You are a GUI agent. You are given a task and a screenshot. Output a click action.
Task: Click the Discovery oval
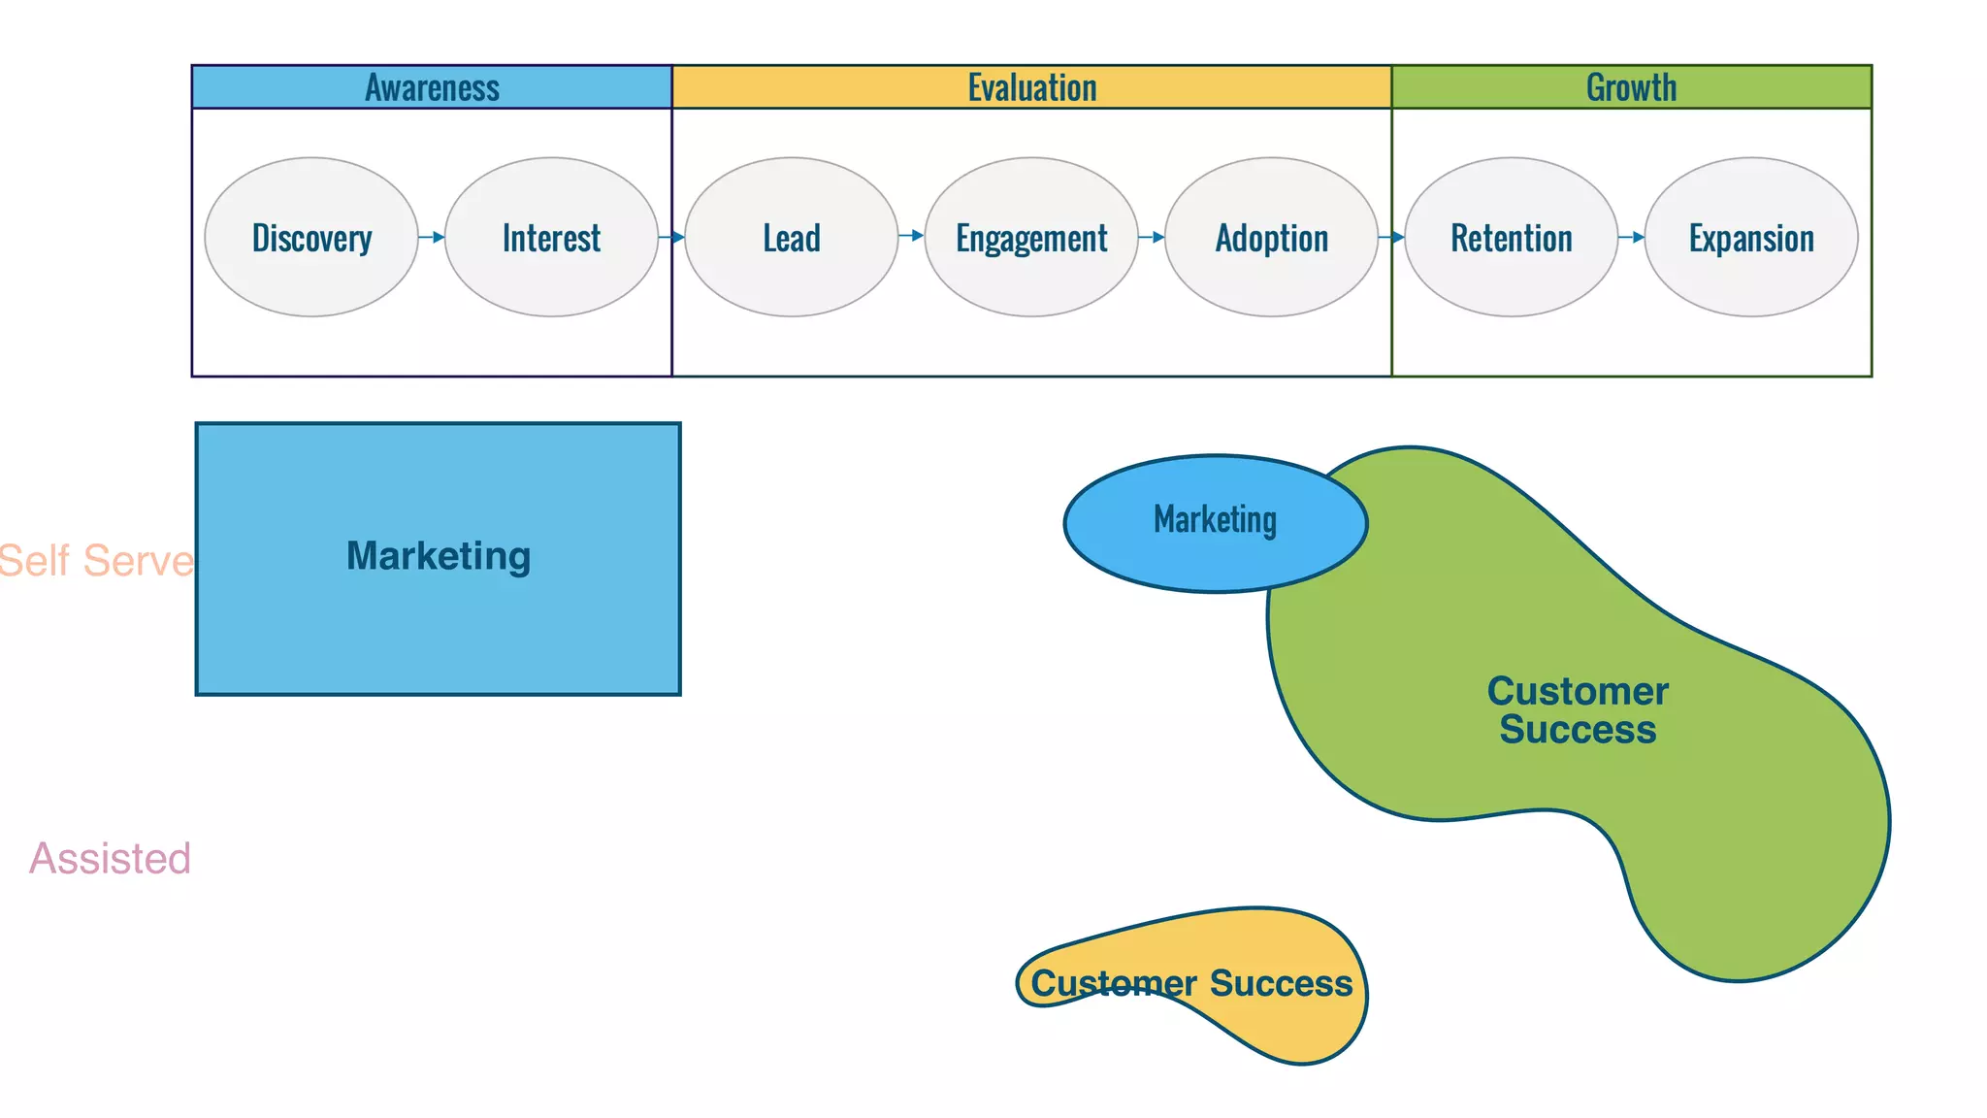pos(311,237)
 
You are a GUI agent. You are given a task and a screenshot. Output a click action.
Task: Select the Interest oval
pos(551,237)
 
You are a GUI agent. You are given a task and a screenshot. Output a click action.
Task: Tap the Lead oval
pos(791,237)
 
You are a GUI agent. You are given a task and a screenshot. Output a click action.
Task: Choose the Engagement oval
pos(1031,237)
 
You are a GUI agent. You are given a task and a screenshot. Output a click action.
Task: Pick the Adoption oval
pos(1271,237)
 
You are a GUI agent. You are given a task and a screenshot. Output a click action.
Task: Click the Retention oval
pos(1511,237)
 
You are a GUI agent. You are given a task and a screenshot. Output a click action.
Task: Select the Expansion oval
pos(1751,237)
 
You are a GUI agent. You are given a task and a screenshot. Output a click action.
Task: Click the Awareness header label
pos(432,87)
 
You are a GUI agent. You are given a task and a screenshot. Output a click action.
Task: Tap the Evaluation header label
pos(1031,87)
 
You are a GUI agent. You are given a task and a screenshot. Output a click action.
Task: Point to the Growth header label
pos(1631,87)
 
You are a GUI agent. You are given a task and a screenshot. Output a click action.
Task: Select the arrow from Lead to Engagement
pos(911,236)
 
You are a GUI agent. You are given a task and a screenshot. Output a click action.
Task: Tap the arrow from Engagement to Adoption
pos(1152,237)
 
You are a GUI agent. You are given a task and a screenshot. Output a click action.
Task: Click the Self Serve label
pos(96,561)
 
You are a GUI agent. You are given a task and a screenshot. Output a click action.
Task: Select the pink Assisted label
pos(110,859)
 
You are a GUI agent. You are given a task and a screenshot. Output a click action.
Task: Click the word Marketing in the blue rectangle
pos(439,556)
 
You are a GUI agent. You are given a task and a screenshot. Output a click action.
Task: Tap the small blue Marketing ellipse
pos(1215,522)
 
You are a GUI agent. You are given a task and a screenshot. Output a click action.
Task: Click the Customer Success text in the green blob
pos(1578,710)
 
